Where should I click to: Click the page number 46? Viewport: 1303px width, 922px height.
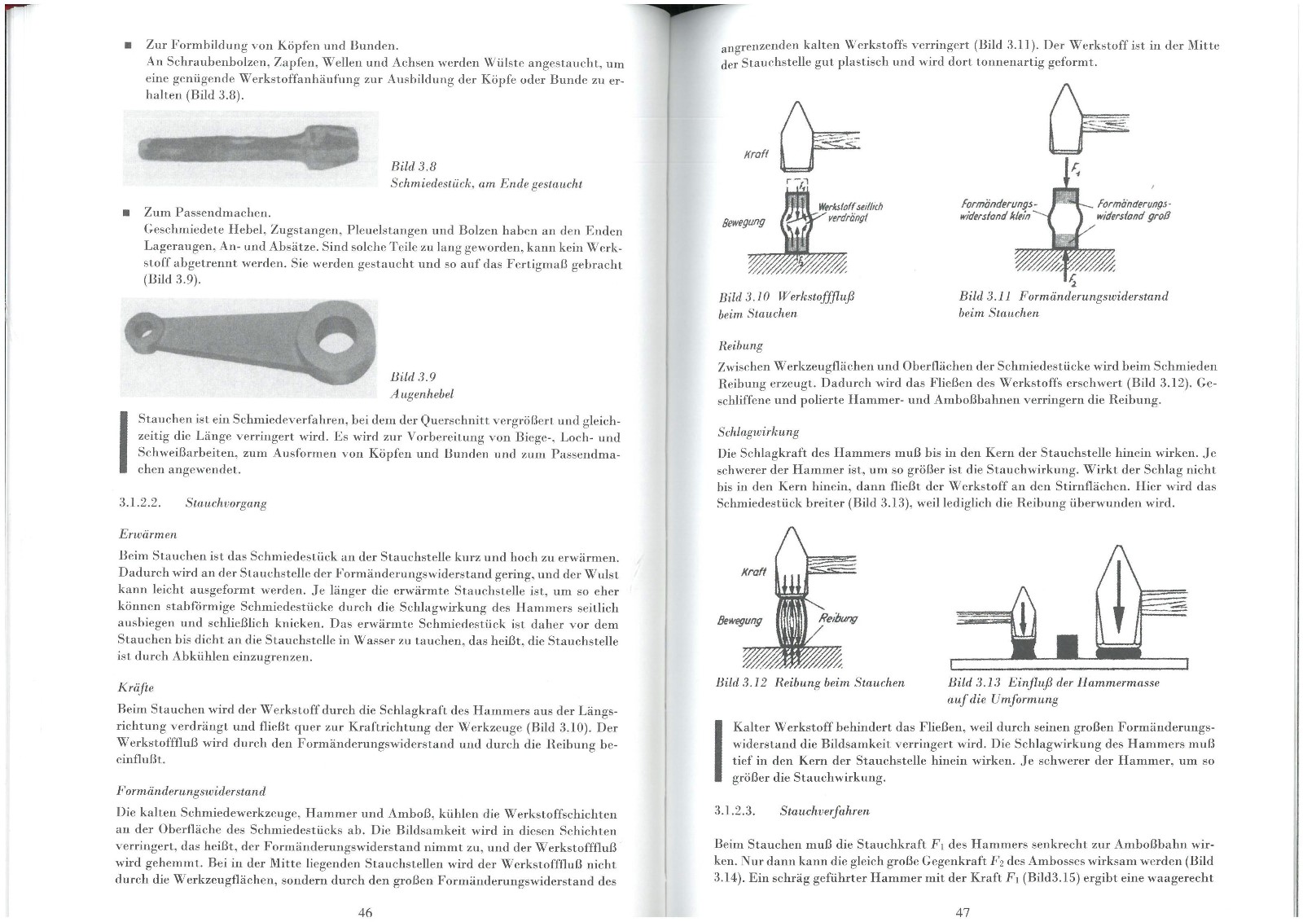click(x=365, y=912)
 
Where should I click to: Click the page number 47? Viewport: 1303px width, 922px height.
click(x=962, y=912)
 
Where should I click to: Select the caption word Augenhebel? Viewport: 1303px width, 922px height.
click(x=422, y=394)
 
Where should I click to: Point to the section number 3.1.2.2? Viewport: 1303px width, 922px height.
click(x=140, y=503)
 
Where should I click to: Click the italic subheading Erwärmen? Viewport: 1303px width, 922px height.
click(x=147, y=534)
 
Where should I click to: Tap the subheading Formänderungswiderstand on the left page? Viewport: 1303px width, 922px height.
click(x=191, y=791)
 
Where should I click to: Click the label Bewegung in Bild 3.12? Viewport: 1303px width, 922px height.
click(x=739, y=621)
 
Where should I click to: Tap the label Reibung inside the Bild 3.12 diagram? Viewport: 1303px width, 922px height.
click(x=838, y=618)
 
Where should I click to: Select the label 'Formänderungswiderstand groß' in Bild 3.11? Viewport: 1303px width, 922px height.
click(x=1131, y=210)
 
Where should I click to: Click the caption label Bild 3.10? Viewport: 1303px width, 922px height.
click(x=744, y=296)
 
